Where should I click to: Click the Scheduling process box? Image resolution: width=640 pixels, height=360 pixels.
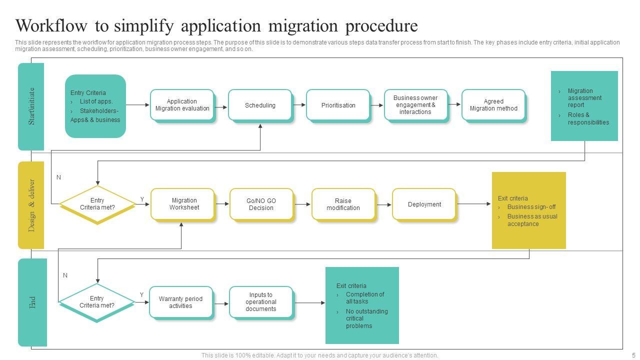pos(260,105)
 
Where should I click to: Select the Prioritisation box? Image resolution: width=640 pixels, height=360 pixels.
pos(338,105)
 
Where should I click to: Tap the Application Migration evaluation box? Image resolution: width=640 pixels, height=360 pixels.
pos(182,105)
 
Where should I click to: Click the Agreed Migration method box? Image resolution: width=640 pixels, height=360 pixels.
pos(493,105)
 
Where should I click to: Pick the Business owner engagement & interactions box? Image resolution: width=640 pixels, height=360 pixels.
pos(415,105)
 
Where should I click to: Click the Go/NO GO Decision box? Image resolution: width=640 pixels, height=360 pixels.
pos(261,204)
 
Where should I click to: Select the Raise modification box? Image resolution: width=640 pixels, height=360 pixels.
pos(343,204)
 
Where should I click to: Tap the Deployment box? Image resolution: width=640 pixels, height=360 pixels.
pos(424,204)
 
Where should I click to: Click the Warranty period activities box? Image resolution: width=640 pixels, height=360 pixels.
pos(180,302)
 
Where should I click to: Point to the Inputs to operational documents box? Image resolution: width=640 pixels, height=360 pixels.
pos(260,302)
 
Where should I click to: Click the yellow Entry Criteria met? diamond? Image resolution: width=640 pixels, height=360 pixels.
pos(97,204)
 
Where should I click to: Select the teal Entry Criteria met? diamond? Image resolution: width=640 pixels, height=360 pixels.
pos(96,302)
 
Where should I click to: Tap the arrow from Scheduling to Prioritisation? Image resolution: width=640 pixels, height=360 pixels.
pos(299,105)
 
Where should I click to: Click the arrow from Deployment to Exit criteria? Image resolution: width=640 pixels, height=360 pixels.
pos(473,203)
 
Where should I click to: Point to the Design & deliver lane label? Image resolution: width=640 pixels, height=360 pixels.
pos(31,205)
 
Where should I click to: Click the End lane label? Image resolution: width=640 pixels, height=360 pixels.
pos(32,302)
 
